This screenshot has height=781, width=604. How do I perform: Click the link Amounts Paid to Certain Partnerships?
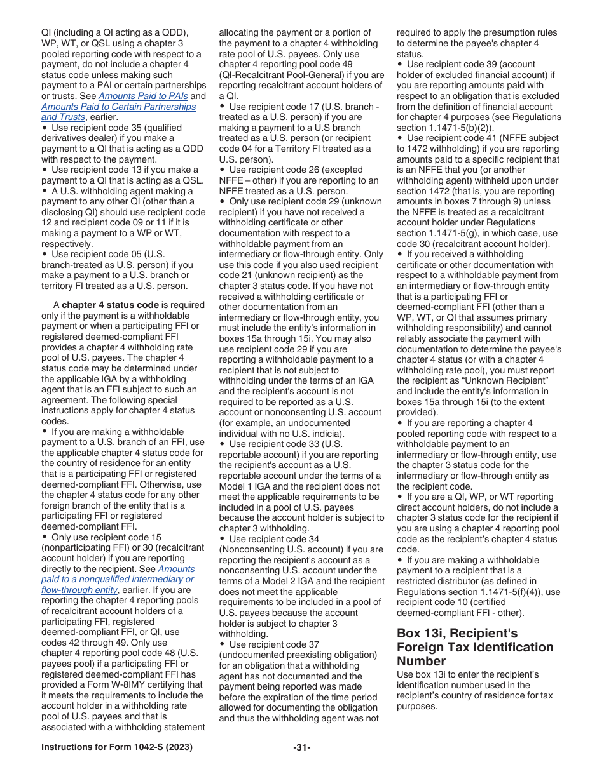(x=118, y=107)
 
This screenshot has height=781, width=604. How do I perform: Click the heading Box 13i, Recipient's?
(x=457, y=633)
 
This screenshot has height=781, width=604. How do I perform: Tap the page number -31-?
(x=302, y=747)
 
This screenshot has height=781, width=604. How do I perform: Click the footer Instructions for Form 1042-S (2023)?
(x=116, y=747)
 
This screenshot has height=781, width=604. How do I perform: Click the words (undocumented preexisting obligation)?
(x=298, y=655)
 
